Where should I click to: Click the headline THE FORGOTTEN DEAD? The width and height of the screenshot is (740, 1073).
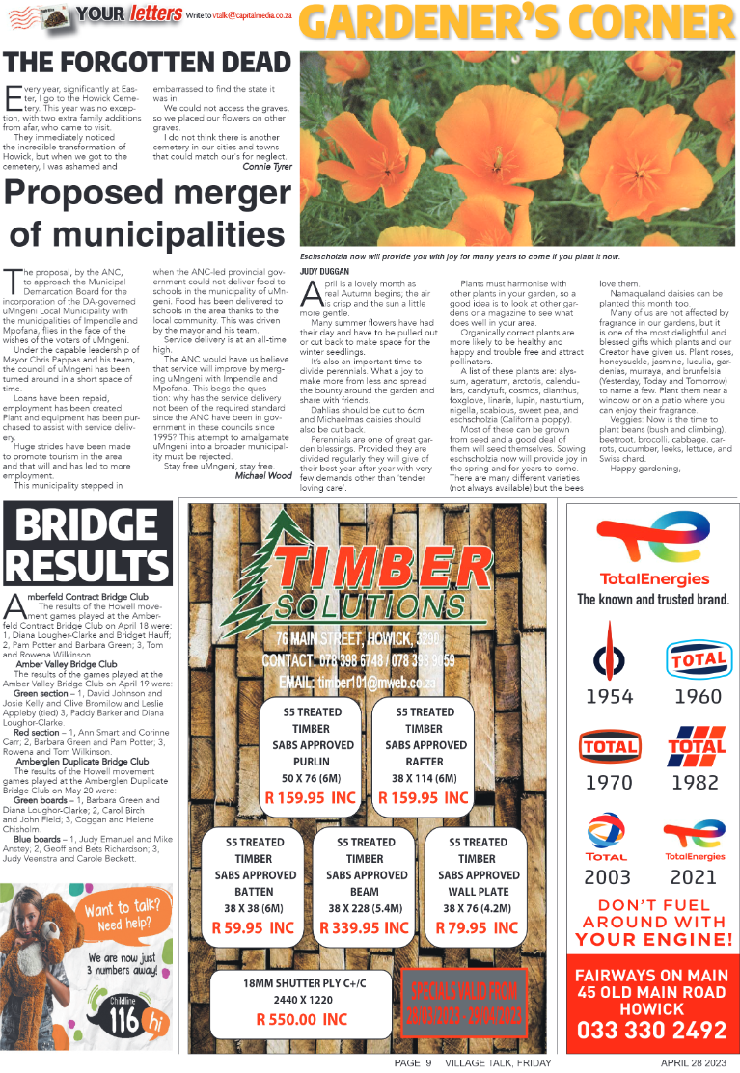click(147, 61)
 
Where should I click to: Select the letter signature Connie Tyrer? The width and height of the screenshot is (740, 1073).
click(267, 166)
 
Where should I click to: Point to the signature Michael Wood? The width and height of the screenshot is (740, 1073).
click(263, 475)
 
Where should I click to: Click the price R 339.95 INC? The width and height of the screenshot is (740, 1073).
click(365, 927)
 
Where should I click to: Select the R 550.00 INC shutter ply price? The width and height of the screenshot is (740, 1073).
click(302, 1018)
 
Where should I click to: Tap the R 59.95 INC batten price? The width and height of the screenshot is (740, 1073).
click(253, 927)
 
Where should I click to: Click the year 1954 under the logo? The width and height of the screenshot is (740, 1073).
click(610, 696)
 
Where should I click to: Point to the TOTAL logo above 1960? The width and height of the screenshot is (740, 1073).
click(697, 659)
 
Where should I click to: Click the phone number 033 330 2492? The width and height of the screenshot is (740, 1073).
click(652, 1031)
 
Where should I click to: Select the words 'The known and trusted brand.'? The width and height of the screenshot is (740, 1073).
click(652, 600)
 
